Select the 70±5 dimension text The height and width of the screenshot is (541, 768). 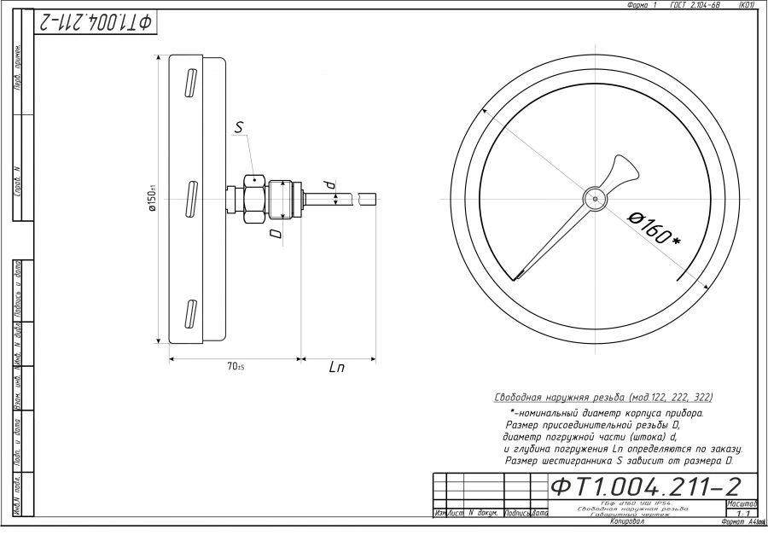pyautogui.click(x=236, y=367)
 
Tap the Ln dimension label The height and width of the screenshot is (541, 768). pyautogui.click(x=337, y=368)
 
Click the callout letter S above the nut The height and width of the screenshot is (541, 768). pyautogui.click(x=240, y=128)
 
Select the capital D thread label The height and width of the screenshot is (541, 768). pyautogui.click(x=274, y=232)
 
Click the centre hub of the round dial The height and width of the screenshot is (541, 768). pyautogui.click(x=594, y=197)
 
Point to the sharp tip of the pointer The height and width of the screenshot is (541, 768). pyautogui.click(x=516, y=277)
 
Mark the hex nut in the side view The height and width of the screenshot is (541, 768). pyautogui.click(x=255, y=197)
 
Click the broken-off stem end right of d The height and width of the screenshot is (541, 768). pyautogui.click(x=368, y=197)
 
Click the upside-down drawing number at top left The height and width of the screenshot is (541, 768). pyautogui.click(x=94, y=22)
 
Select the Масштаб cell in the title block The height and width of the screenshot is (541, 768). pyautogui.click(x=742, y=503)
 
